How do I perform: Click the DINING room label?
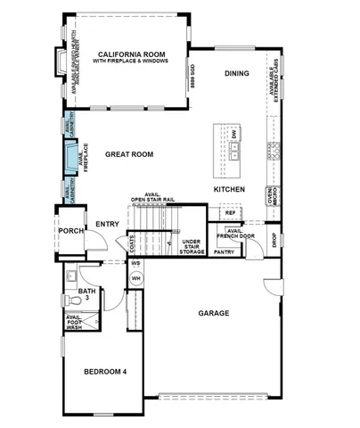tap(236, 75)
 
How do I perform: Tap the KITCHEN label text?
tap(228, 190)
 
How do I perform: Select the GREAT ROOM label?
tap(129, 154)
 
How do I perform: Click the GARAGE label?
tap(214, 313)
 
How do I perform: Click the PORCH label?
tap(70, 231)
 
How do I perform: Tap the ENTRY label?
tap(107, 224)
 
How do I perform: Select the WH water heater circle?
tap(136, 278)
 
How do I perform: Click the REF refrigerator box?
tap(230, 213)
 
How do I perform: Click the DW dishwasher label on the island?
tap(233, 134)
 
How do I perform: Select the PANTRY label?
tap(224, 252)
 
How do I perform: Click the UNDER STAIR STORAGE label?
tap(192, 247)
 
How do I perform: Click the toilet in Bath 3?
tap(76, 303)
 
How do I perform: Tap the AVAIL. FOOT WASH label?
tap(73, 323)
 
